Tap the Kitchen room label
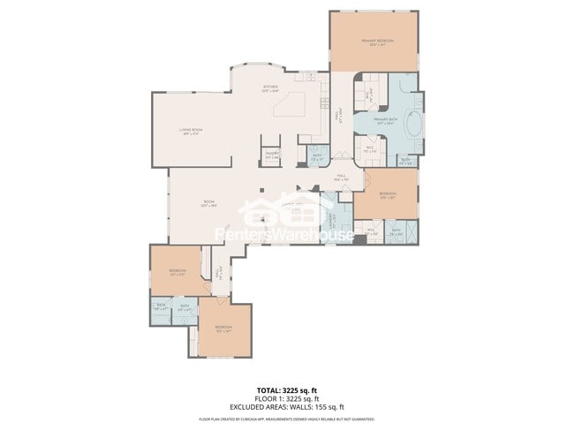point(270,87)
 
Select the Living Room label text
point(193,131)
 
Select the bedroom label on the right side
point(387,194)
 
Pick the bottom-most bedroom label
point(222,329)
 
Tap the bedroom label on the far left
point(177,271)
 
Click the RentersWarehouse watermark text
point(286,235)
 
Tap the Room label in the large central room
point(209,203)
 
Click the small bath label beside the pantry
point(316,157)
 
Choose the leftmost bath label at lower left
point(161,308)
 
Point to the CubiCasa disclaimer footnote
point(286,419)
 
